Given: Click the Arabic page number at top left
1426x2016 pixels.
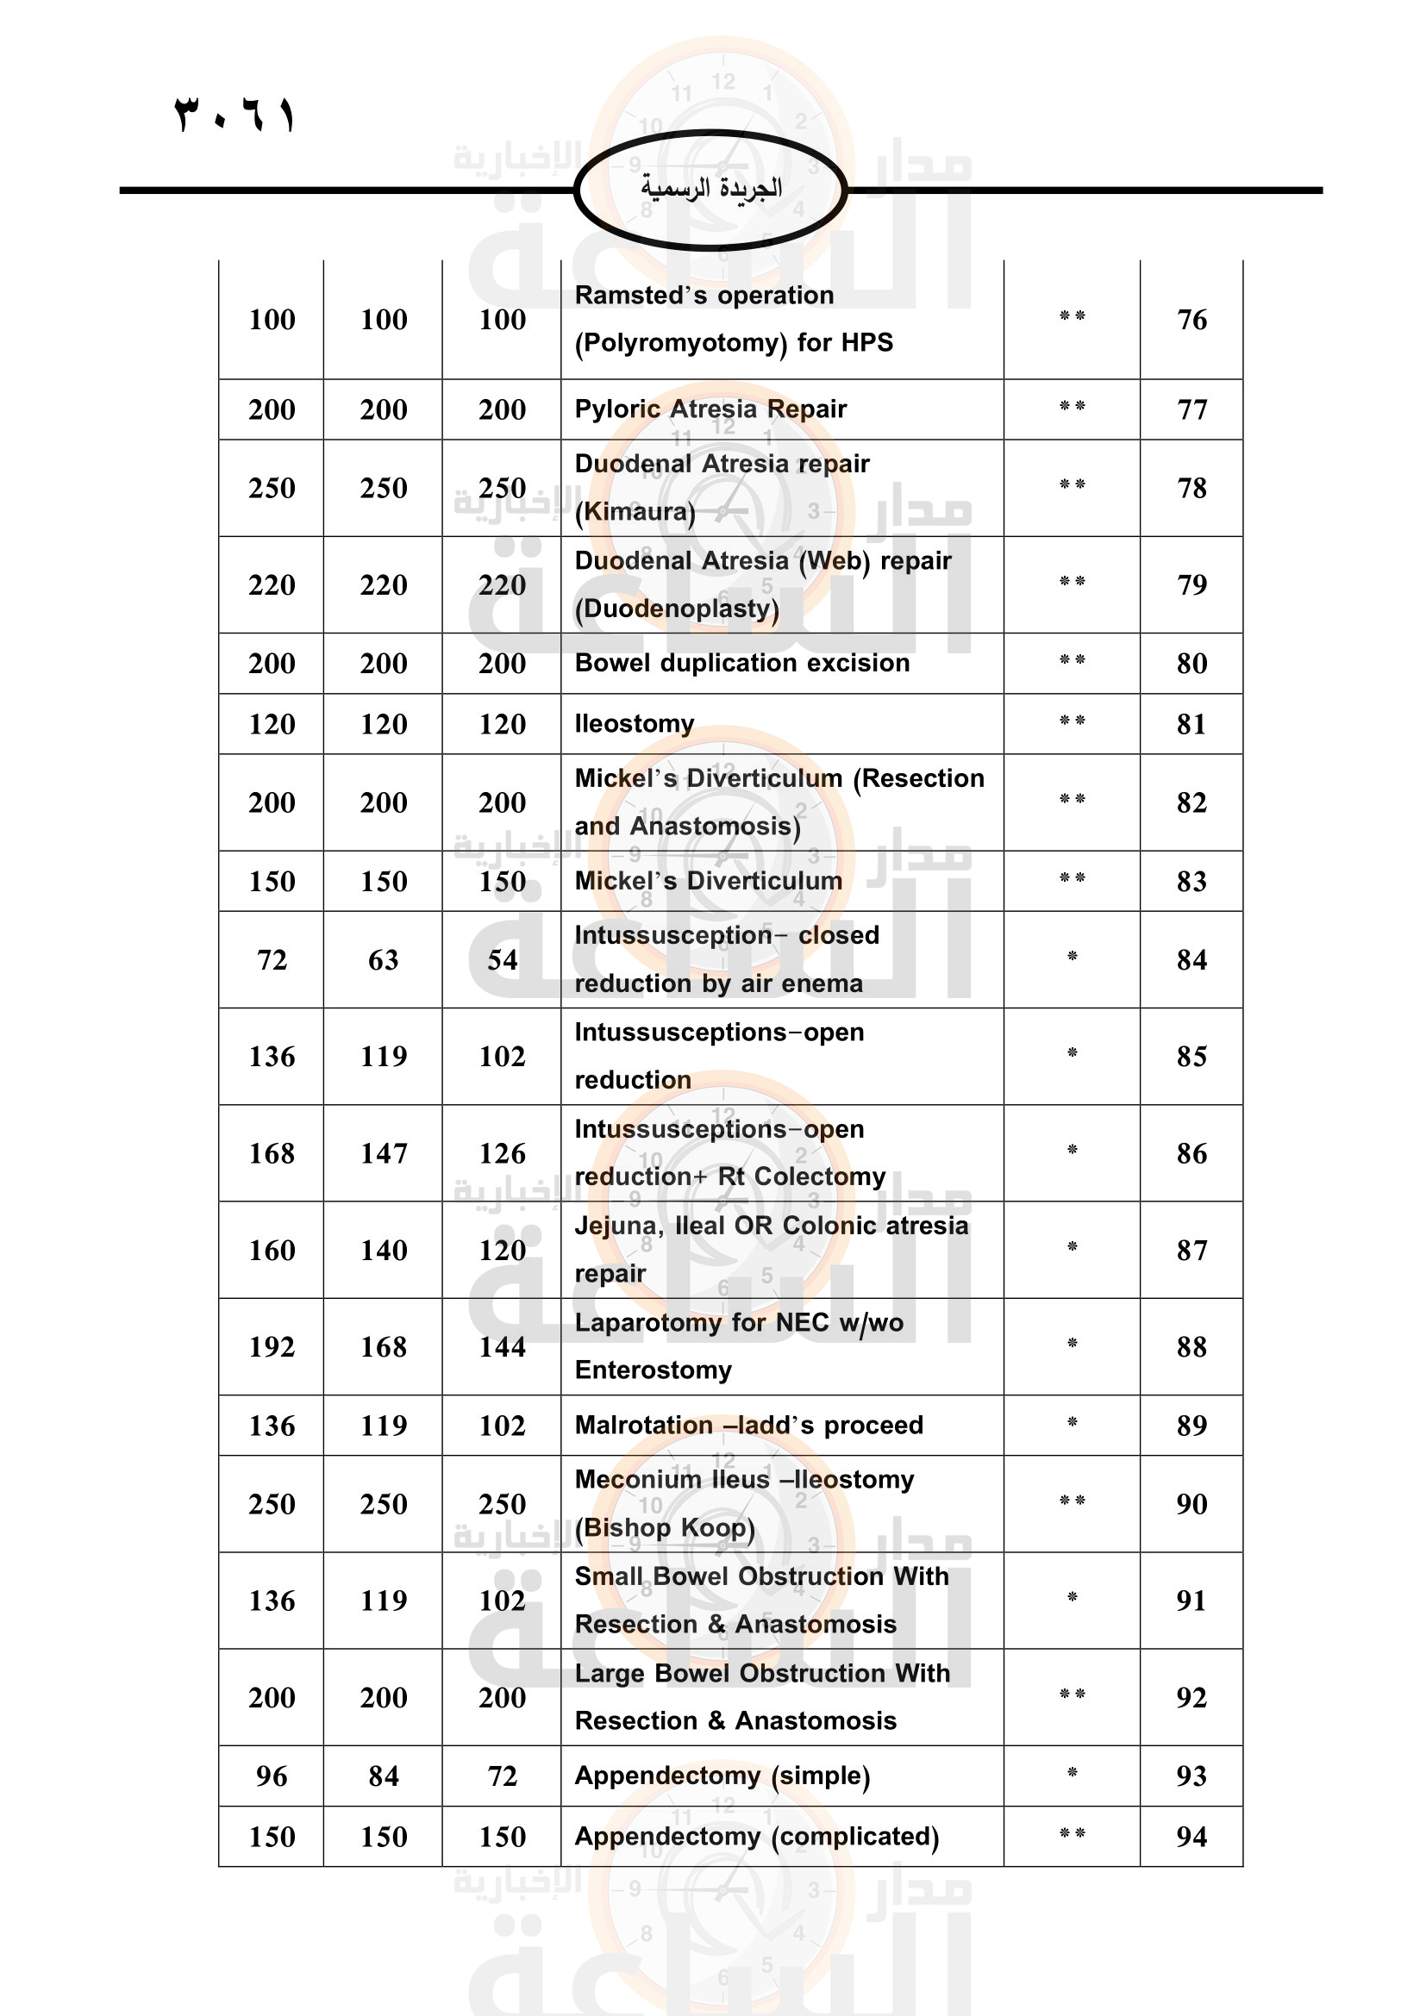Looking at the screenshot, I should pos(235,115).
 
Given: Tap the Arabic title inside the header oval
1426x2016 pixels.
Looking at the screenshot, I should pos(710,188).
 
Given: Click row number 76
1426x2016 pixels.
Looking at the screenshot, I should pos(1191,320).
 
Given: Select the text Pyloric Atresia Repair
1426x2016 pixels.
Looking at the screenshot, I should pos(710,409).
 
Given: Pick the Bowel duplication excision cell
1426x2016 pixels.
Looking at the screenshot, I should pos(742,663).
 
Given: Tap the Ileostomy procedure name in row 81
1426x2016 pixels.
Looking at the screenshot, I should pos(634,723).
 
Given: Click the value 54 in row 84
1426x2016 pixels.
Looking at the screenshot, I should pos(503,959).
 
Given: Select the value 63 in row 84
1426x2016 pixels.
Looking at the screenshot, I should pos(384,959).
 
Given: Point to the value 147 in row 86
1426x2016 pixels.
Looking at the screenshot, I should pos(384,1153).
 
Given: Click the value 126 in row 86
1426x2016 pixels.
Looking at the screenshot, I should pos(503,1153).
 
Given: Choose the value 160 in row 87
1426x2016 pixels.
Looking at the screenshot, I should pos(272,1250).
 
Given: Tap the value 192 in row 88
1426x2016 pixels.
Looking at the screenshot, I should pos(272,1346).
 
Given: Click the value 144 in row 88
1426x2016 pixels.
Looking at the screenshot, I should pos(503,1346).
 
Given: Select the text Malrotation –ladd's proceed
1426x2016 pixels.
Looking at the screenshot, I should pos(749,1425).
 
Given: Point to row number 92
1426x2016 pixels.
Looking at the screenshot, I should pos(1191,1697).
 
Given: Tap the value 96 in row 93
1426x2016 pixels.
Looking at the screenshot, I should pos(272,1776).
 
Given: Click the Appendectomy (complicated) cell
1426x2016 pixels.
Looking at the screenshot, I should pos(757,1837).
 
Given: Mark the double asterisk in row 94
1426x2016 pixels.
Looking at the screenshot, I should pos(1073,1833).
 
